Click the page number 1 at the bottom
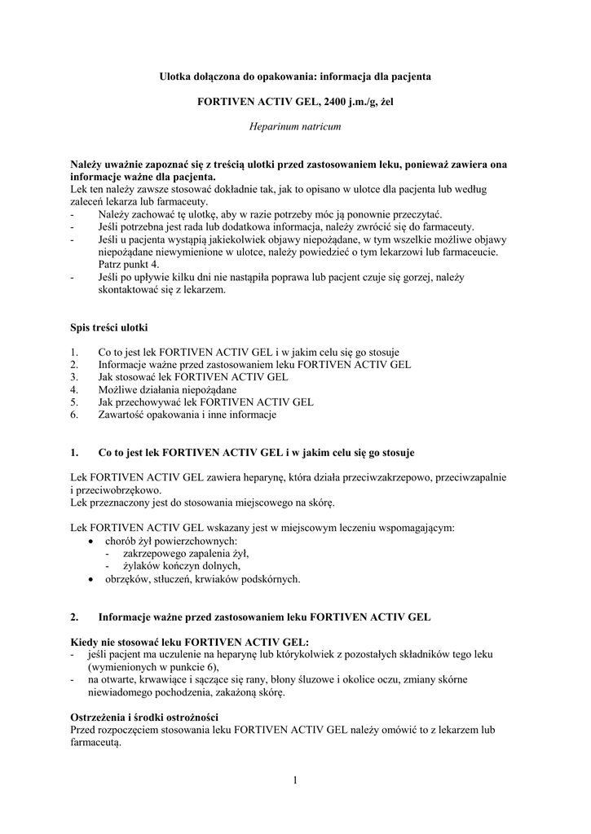(294, 781)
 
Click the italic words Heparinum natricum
(294, 127)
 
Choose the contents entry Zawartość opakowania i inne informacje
(187, 415)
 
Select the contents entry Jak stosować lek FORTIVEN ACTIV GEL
(193, 378)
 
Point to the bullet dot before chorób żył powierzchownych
(90, 541)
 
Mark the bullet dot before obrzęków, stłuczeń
(90, 580)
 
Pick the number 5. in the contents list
(75, 402)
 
